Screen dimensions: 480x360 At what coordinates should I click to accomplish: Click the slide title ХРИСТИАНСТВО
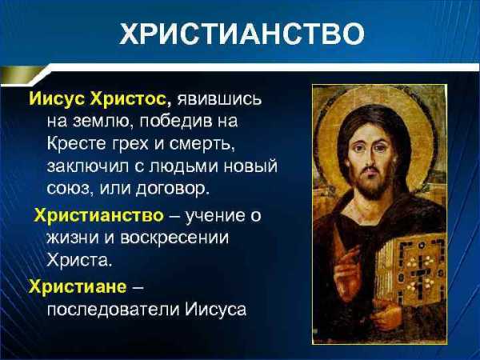pyautogui.click(x=242, y=33)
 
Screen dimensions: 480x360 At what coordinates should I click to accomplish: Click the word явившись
pyautogui.click(x=219, y=99)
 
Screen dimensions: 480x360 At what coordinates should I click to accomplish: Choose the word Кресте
pyautogui.click(x=76, y=143)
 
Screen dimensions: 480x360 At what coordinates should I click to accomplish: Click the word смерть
pyautogui.click(x=202, y=144)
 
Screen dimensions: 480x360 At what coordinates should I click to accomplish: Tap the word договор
pyautogui.click(x=172, y=189)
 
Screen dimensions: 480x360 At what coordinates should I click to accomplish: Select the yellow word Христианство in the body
pyautogui.click(x=99, y=215)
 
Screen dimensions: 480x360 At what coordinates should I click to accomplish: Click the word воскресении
pyautogui.click(x=174, y=238)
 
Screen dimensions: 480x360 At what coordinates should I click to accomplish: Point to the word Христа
pyautogui.click(x=78, y=259)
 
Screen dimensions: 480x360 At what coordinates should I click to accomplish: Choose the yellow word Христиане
pyautogui.click(x=78, y=286)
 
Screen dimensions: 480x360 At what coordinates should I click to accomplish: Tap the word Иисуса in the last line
pyautogui.click(x=215, y=309)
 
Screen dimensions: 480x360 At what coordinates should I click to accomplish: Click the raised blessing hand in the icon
pyautogui.click(x=346, y=266)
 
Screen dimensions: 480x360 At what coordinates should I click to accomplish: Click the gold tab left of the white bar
pyautogui.click(x=21, y=75)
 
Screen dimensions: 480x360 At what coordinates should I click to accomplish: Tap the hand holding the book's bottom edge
pyautogui.click(x=386, y=314)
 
